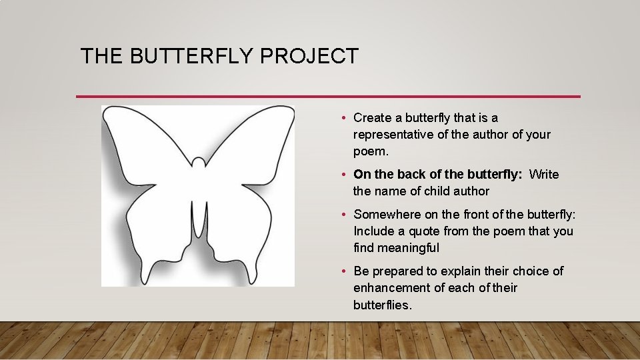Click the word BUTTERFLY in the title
coord(192,56)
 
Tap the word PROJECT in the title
coord(309,56)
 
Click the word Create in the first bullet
coord(373,118)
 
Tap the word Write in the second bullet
coord(544,175)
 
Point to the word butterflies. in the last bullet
coord(383,305)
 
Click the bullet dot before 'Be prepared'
coord(342,271)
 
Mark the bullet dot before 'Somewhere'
coord(342,215)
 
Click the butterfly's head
coord(198,162)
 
